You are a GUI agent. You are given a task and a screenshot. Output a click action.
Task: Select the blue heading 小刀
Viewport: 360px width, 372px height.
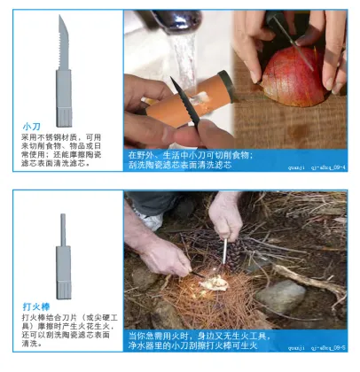tap(31, 127)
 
